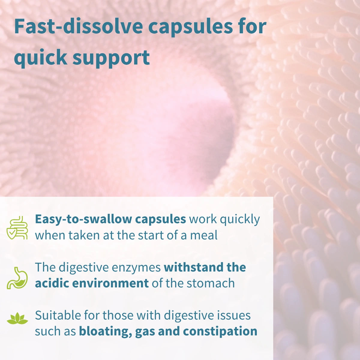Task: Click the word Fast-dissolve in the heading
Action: point(78,26)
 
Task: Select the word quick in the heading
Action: point(40,58)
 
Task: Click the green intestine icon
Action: point(17,228)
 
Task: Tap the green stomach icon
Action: point(17,278)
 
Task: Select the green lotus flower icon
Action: point(17,319)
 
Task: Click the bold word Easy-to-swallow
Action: point(83,219)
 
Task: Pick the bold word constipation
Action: point(220,331)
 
